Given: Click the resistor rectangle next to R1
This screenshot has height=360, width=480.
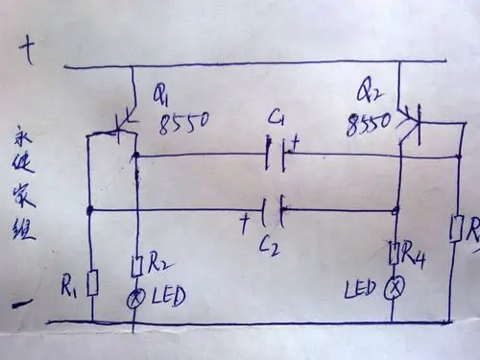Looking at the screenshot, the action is point(91,284).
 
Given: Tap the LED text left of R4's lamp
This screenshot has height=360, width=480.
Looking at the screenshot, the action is point(360,288).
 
